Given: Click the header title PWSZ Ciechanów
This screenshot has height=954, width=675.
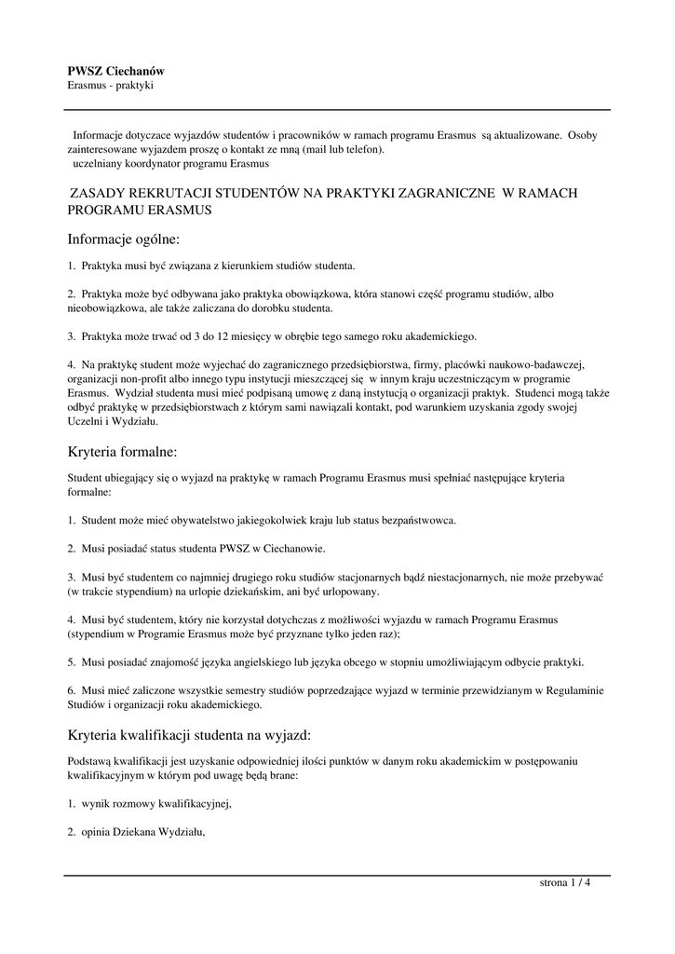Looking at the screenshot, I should (x=116, y=71).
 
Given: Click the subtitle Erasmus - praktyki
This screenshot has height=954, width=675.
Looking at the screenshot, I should (x=110, y=86).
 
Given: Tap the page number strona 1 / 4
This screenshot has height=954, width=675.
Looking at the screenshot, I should (x=565, y=883).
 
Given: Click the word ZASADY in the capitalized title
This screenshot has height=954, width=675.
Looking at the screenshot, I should (x=100, y=193).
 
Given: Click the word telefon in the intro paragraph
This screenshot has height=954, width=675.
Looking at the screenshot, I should (x=359, y=148).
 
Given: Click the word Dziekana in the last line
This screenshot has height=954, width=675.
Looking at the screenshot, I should (x=134, y=833).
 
